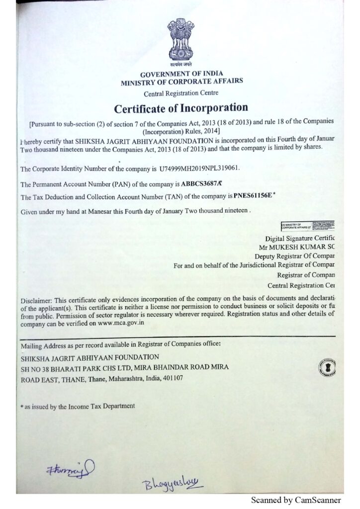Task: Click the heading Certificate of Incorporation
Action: pyautogui.click(x=181, y=107)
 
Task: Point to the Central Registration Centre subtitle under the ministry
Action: pyautogui.click(x=180, y=93)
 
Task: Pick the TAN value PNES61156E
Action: pyautogui.click(x=253, y=196)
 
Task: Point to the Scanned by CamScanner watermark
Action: pyautogui.click(x=296, y=500)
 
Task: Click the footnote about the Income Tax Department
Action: pyautogui.click(x=78, y=406)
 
